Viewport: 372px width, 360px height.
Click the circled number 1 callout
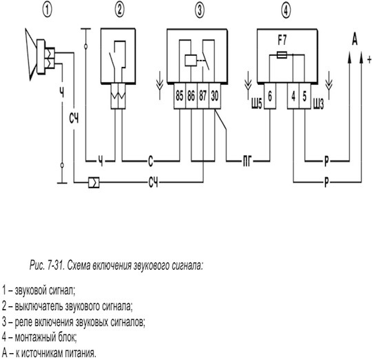pos(48,10)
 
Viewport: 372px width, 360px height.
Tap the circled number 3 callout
pos(200,10)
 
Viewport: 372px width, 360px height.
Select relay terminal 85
pos(180,96)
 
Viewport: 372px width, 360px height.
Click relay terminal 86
pos(192,96)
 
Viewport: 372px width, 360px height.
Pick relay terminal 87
pos(203,96)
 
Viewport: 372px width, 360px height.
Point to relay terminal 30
pos(215,96)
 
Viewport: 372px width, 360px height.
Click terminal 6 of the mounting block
pos(270,96)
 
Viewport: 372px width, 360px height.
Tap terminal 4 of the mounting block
pos(293,96)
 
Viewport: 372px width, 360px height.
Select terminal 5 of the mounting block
pos(305,96)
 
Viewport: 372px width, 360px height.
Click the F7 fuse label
pos(282,41)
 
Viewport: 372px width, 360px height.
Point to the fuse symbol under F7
pos(282,56)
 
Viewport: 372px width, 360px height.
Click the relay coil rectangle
pos(191,61)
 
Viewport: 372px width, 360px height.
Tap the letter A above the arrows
pos(355,39)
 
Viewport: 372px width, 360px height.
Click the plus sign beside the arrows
pos(369,59)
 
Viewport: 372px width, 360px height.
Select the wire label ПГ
pos(247,161)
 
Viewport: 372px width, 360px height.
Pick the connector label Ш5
pos(257,103)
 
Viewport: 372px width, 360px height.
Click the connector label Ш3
pos(318,103)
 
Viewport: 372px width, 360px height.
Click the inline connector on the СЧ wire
pos(94,183)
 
